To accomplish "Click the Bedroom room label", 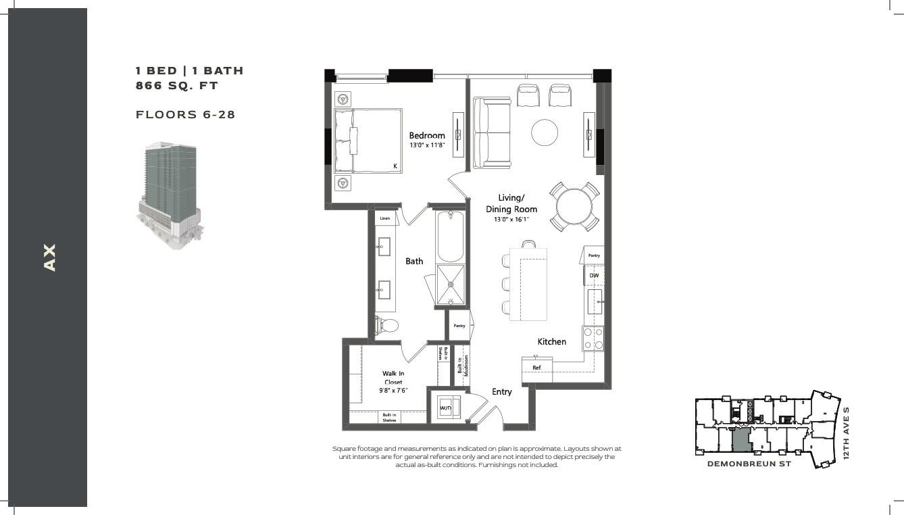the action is click(427, 135).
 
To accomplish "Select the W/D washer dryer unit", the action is click(449, 408).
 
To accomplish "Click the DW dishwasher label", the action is click(594, 275).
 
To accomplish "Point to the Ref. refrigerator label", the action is click(536, 368).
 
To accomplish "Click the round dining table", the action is click(574, 206).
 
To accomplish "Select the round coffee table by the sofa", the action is click(545, 132).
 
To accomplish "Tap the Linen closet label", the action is click(385, 218).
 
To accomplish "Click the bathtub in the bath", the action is click(450, 237).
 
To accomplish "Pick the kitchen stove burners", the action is click(593, 339).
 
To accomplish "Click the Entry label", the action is click(501, 391).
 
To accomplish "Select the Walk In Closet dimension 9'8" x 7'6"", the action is click(393, 390).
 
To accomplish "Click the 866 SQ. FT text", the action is click(177, 86).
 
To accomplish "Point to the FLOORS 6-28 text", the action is click(185, 115).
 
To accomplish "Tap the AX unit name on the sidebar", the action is click(49, 257).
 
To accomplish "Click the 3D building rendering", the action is click(170, 195).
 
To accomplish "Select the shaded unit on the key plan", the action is click(740, 440).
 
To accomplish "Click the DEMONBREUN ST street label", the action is click(749, 464).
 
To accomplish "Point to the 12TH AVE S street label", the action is click(847, 433).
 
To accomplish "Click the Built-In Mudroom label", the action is click(463, 365).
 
